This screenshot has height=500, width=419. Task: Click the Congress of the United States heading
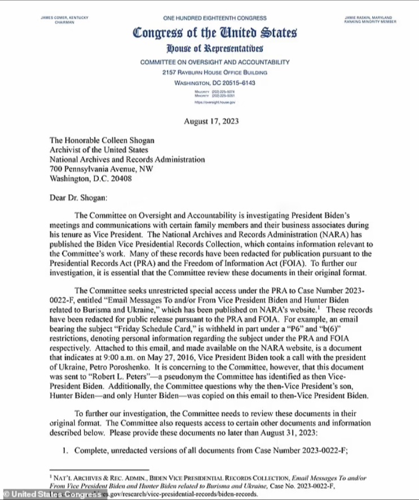[x=214, y=33]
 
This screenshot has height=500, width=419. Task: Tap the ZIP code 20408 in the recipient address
[x=119, y=179]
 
